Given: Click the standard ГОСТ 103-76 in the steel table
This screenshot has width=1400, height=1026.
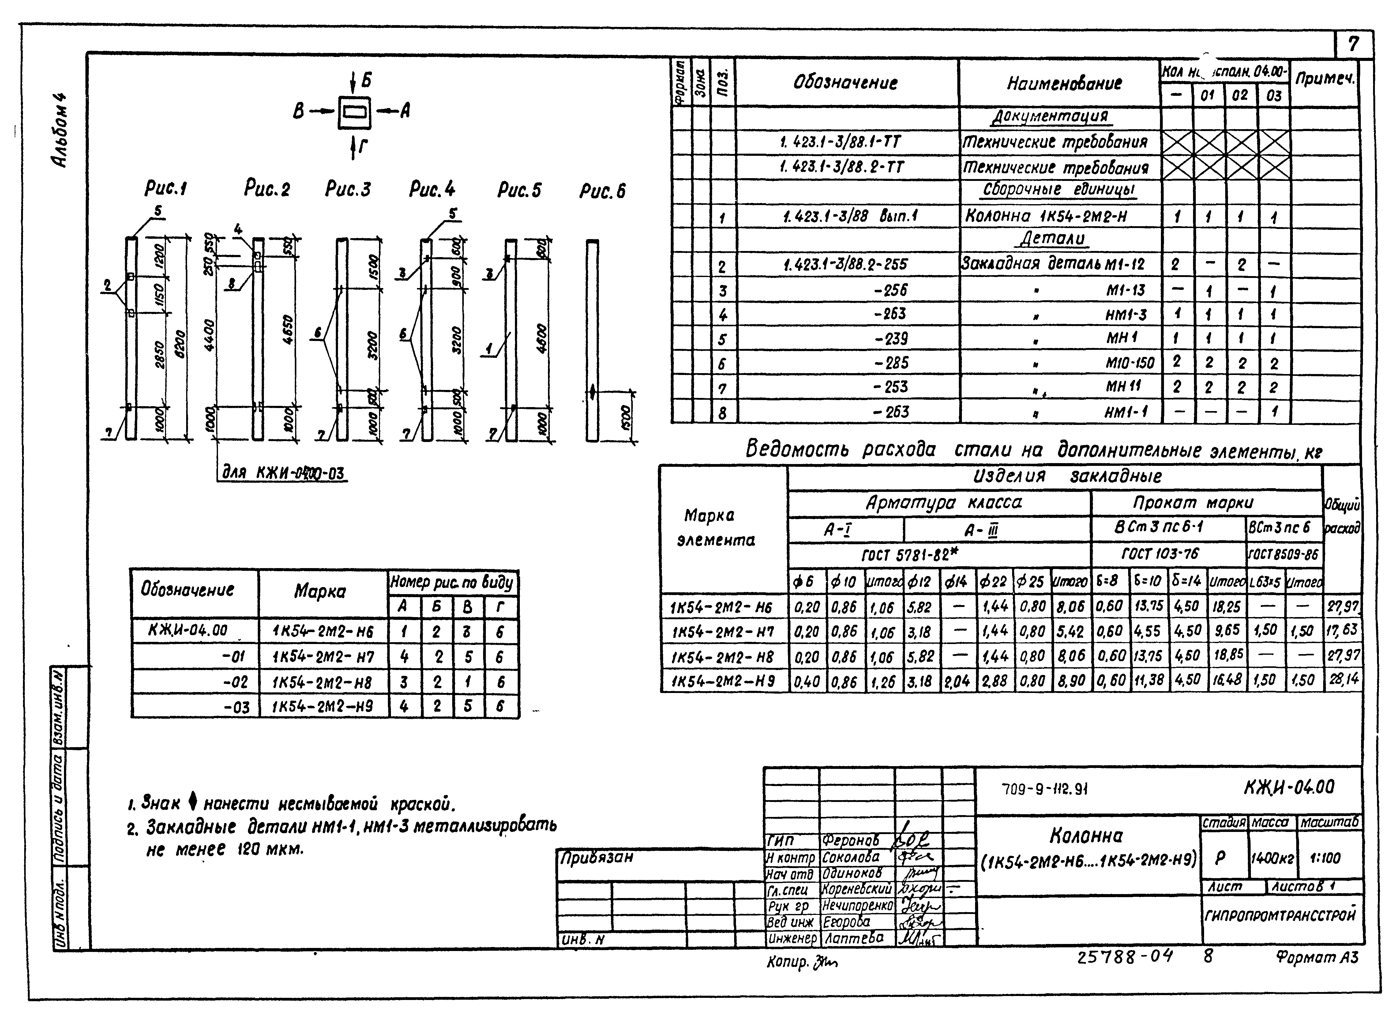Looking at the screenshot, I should tap(1160, 553).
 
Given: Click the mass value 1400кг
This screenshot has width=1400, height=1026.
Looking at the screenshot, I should tap(1272, 858).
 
